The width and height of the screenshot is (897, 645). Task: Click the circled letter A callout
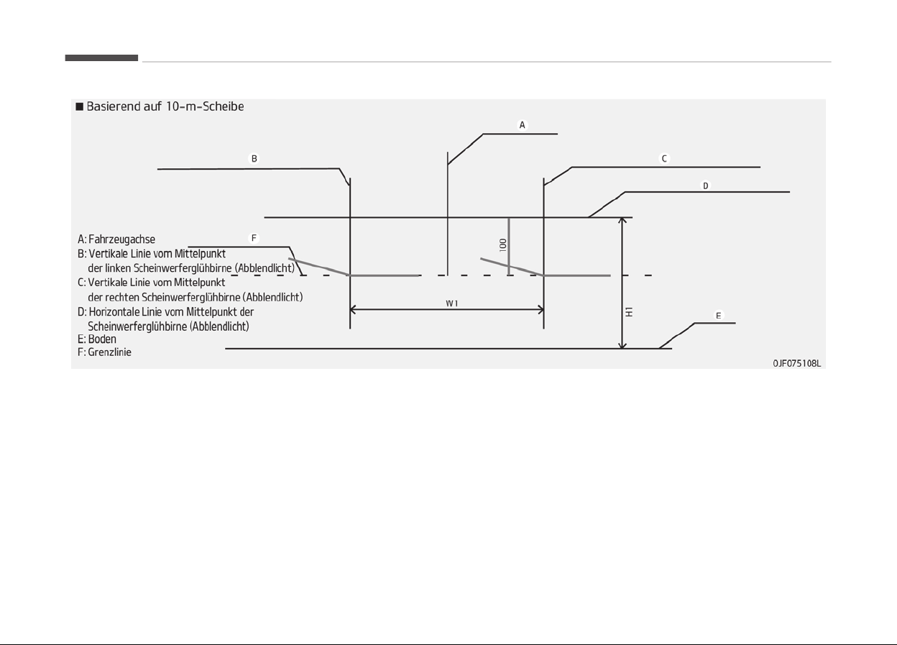coord(522,125)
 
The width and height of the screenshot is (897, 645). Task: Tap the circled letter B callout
coord(254,159)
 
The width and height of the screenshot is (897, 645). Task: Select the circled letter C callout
coord(664,159)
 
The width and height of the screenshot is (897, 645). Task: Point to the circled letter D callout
coord(705,186)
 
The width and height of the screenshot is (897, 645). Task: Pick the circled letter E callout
coord(718,316)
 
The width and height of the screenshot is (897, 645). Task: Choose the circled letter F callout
coord(254,239)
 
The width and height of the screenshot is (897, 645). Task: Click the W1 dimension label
coord(451,303)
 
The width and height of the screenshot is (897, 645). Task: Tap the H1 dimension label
coord(629,311)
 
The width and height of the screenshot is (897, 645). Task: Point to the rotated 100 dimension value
coord(503,244)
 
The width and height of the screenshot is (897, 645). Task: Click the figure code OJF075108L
coord(796,363)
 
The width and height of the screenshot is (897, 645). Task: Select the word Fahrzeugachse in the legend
coord(121,239)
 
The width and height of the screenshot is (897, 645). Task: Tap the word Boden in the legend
coord(102,339)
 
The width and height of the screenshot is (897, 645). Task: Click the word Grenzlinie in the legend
coord(110,352)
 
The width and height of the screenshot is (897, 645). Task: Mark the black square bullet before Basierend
coord(80,106)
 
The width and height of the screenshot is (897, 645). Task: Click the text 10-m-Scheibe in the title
coord(205,106)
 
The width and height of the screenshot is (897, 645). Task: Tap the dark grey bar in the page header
coord(101,58)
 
